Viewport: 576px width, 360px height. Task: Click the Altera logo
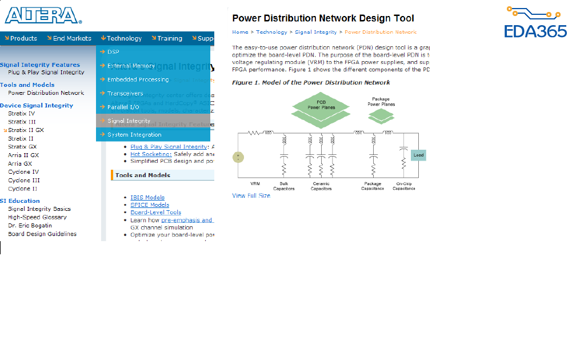(43, 15)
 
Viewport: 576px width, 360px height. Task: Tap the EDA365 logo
(535, 23)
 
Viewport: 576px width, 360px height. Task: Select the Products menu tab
(21, 38)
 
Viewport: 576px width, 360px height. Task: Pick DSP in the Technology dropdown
(113, 52)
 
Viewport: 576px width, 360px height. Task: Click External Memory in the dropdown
(131, 66)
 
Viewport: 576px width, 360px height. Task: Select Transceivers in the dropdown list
(125, 93)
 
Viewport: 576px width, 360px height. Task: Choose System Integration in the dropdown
(134, 135)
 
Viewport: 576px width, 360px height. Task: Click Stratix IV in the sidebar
(22, 114)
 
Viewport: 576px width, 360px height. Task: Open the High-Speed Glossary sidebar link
(37, 217)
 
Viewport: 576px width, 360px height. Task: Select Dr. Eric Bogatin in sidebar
(30, 226)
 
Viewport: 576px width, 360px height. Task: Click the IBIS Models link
(147, 198)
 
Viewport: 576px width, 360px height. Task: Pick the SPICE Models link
(150, 205)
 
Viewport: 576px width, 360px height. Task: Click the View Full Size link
(251, 196)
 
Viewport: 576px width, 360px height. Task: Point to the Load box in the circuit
(418, 155)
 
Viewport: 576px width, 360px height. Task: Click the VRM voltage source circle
(238, 157)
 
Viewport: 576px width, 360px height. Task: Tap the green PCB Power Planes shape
(321, 105)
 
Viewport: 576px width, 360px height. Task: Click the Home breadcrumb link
(240, 32)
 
